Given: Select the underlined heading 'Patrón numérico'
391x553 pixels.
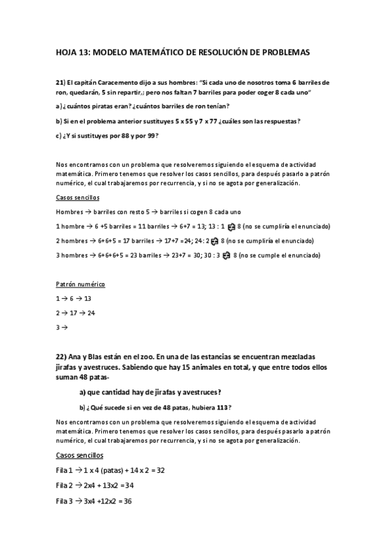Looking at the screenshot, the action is [80, 284].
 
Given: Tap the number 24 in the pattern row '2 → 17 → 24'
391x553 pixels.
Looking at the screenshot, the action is [91, 313].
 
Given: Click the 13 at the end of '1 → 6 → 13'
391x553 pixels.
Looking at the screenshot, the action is [88, 299].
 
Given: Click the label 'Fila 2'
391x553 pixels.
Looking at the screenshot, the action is [65, 485].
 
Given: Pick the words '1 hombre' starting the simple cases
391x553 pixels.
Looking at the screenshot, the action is [70, 226].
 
